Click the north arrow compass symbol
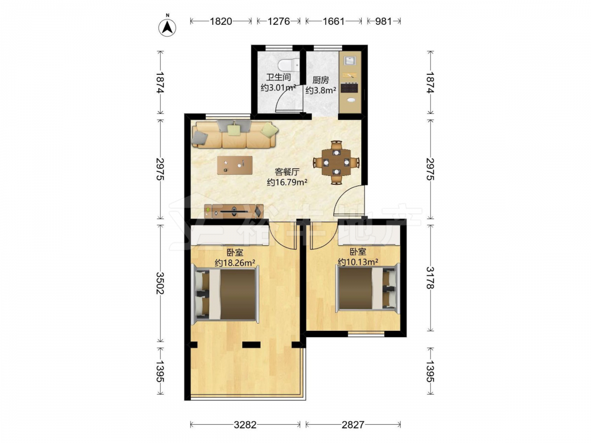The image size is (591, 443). [167, 27]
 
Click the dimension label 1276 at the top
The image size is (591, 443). [278, 21]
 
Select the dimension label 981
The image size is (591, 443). [384, 21]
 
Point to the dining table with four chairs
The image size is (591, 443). [336, 163]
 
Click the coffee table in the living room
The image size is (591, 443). [235, 165]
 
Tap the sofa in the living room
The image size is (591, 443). [235, 134]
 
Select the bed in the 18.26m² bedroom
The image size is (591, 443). [226, 294]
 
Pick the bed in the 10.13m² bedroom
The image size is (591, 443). [367, 288]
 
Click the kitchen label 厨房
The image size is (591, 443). [320, 80]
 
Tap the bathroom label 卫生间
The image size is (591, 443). [278, 77]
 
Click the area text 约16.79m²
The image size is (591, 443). [287, 183]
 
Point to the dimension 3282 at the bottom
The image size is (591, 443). [245, 425]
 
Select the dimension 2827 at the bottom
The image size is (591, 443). [353, 425]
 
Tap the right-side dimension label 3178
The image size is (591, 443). [430, 278]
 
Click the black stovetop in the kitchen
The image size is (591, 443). [350, 88]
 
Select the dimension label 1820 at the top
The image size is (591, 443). [221, 21]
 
